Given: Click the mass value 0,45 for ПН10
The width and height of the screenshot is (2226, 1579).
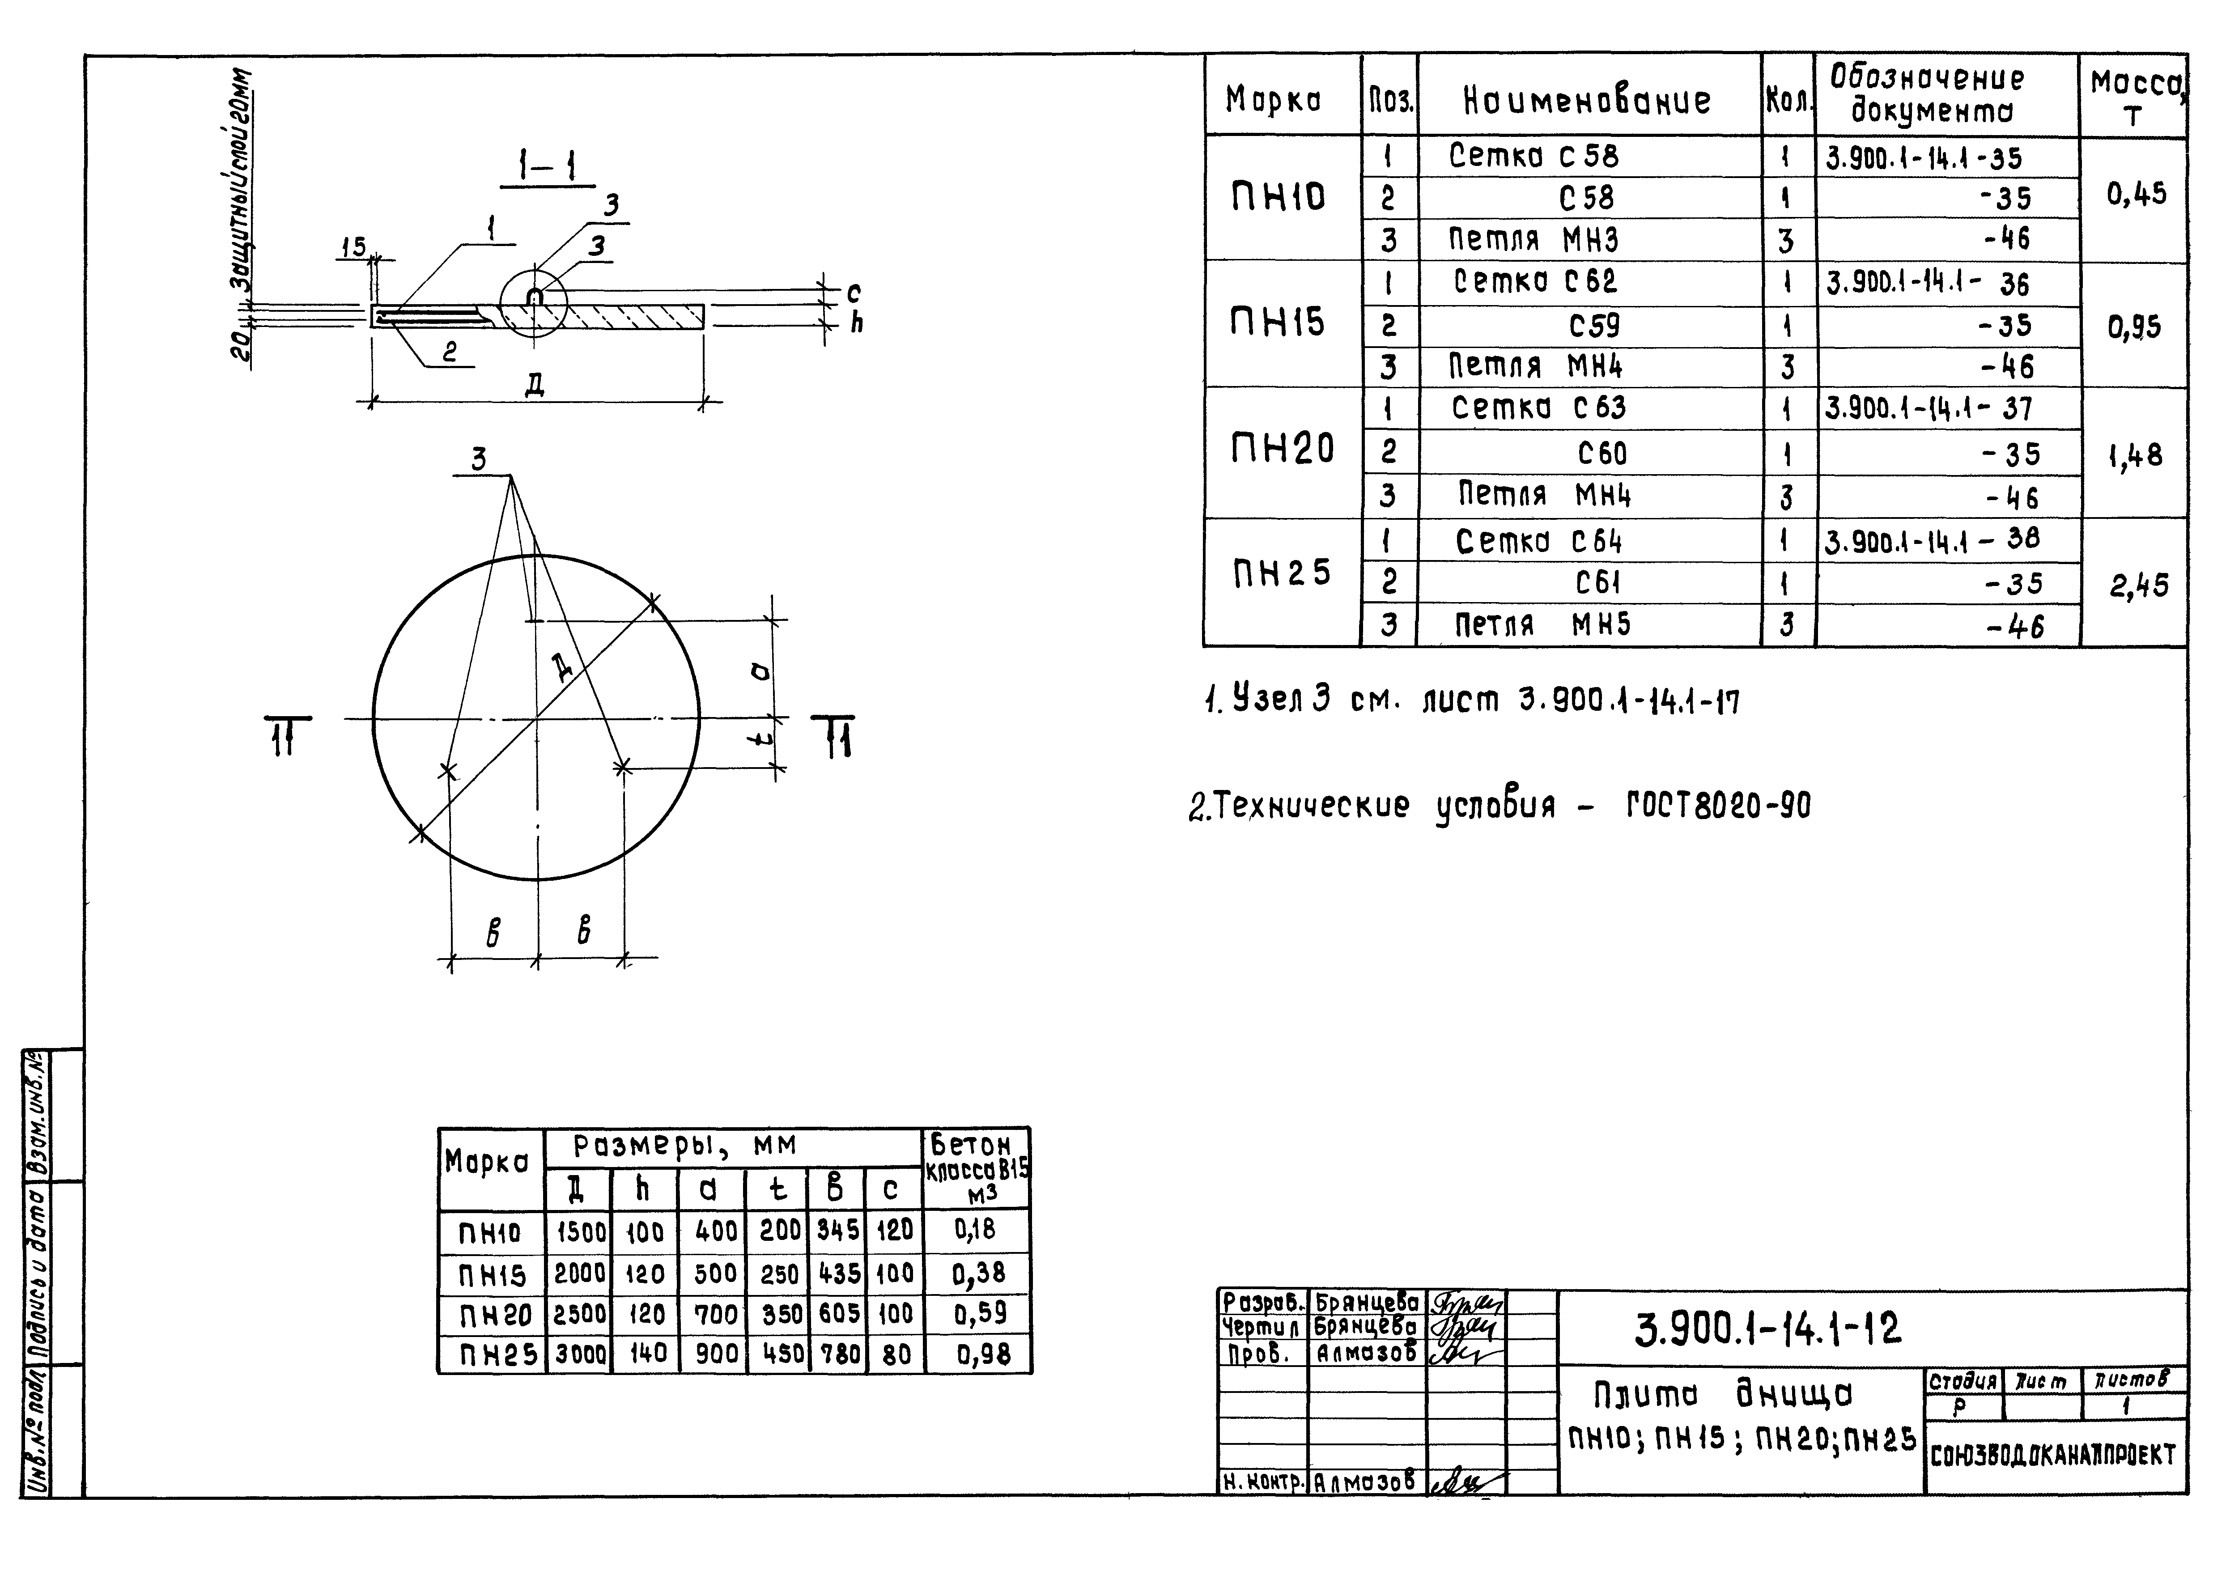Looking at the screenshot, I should (2137, 195).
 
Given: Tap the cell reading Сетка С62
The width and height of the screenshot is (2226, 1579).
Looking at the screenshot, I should (1534, 282).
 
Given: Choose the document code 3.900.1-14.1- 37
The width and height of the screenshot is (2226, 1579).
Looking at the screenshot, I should (1928, 408).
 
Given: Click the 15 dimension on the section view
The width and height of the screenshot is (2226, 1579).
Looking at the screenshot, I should (353, 247).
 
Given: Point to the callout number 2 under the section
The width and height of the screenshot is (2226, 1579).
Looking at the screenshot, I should (449, 352).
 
